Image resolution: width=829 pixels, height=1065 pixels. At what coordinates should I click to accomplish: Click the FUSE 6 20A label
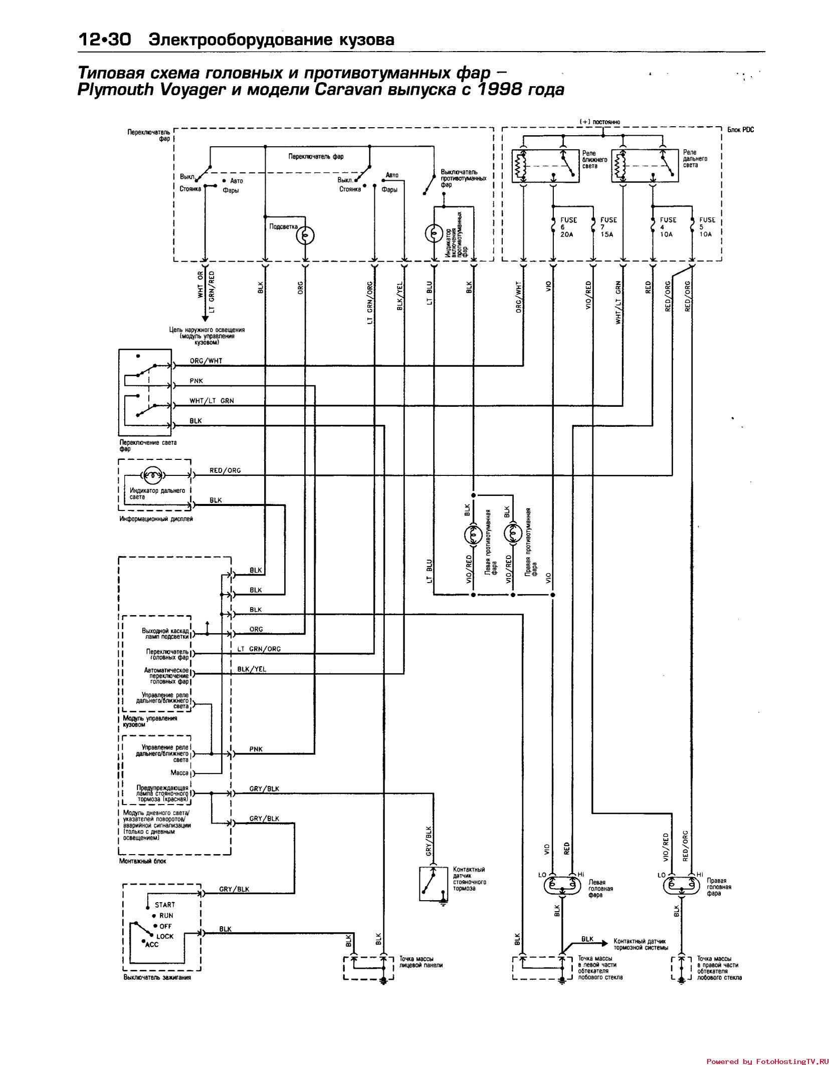point(568,227)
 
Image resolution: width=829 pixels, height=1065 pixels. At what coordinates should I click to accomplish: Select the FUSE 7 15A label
point(608,227)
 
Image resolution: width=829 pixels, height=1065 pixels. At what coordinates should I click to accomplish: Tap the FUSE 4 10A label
point(668,227)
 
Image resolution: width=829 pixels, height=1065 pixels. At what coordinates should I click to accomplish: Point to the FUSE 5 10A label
point(707,227)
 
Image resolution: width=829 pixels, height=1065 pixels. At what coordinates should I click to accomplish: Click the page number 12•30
point(104,40)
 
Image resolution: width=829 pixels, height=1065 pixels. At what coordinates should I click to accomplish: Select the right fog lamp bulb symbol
point(512,535)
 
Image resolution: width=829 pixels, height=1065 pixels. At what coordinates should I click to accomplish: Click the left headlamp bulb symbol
point(562,886)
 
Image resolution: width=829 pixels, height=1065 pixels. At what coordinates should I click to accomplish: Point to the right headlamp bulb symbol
point(681,886)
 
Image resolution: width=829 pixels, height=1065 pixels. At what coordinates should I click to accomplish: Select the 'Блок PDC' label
point(740,130)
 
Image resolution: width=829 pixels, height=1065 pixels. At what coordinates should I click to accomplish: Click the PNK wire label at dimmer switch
point(196,381)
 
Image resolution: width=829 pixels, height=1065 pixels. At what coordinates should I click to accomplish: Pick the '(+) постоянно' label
point(599,122)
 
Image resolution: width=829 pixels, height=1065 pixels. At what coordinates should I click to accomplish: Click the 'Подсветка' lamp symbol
point(305,234)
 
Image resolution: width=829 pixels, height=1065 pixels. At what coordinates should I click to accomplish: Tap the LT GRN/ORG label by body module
point(259,649)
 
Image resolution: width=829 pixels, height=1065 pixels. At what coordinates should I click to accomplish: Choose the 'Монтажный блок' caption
point(142,861)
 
